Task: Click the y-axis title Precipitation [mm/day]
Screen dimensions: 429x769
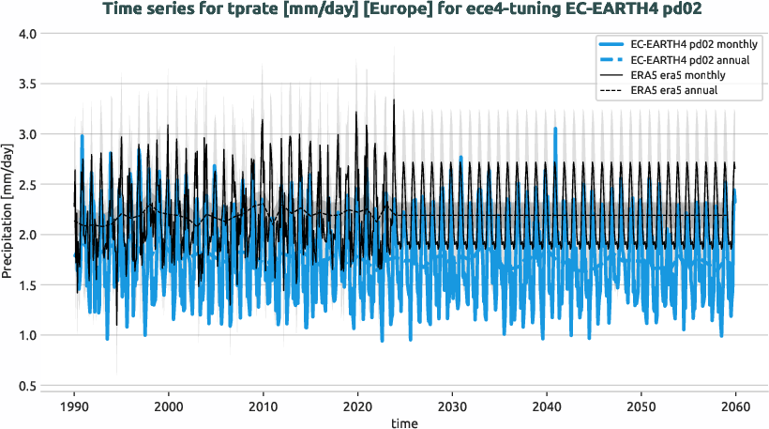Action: point(8,210)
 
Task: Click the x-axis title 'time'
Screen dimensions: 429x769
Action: point(404,423)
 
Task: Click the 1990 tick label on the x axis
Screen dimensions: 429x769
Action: point(74,406)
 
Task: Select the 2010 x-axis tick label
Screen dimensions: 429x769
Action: point(263,406)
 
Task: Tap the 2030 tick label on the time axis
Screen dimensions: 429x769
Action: point(452,406)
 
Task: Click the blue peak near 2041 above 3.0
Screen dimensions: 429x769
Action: point(555,130)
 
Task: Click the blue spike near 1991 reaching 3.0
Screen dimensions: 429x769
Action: point(83,136)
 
